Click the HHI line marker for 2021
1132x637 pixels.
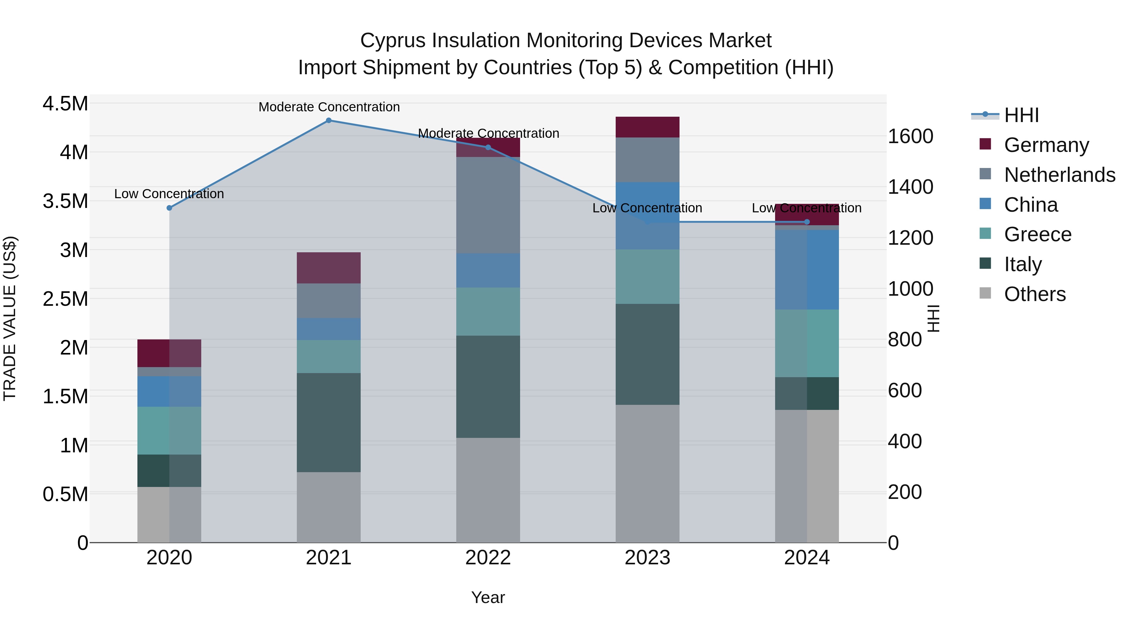point(328,120)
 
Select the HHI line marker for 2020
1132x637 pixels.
point(169,208)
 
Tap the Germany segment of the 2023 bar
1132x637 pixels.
point(647,127)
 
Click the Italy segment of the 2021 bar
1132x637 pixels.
point(328,422)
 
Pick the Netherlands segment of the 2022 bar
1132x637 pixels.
point(488,205)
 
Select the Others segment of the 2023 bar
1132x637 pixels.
point(647,473)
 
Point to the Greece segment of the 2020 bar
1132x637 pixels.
point(169,430)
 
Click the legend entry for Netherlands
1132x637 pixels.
point(1059,175)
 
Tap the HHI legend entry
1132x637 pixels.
point(1021,115)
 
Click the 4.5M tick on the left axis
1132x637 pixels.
point(65,104)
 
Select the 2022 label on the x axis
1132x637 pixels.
point(488,558)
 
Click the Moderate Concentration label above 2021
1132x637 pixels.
point(329,107)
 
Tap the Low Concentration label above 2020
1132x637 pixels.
point(169,194)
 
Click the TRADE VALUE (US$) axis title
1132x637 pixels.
point(10,318)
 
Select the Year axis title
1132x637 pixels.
point(488,597)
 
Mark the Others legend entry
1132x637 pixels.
point(1035,294)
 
